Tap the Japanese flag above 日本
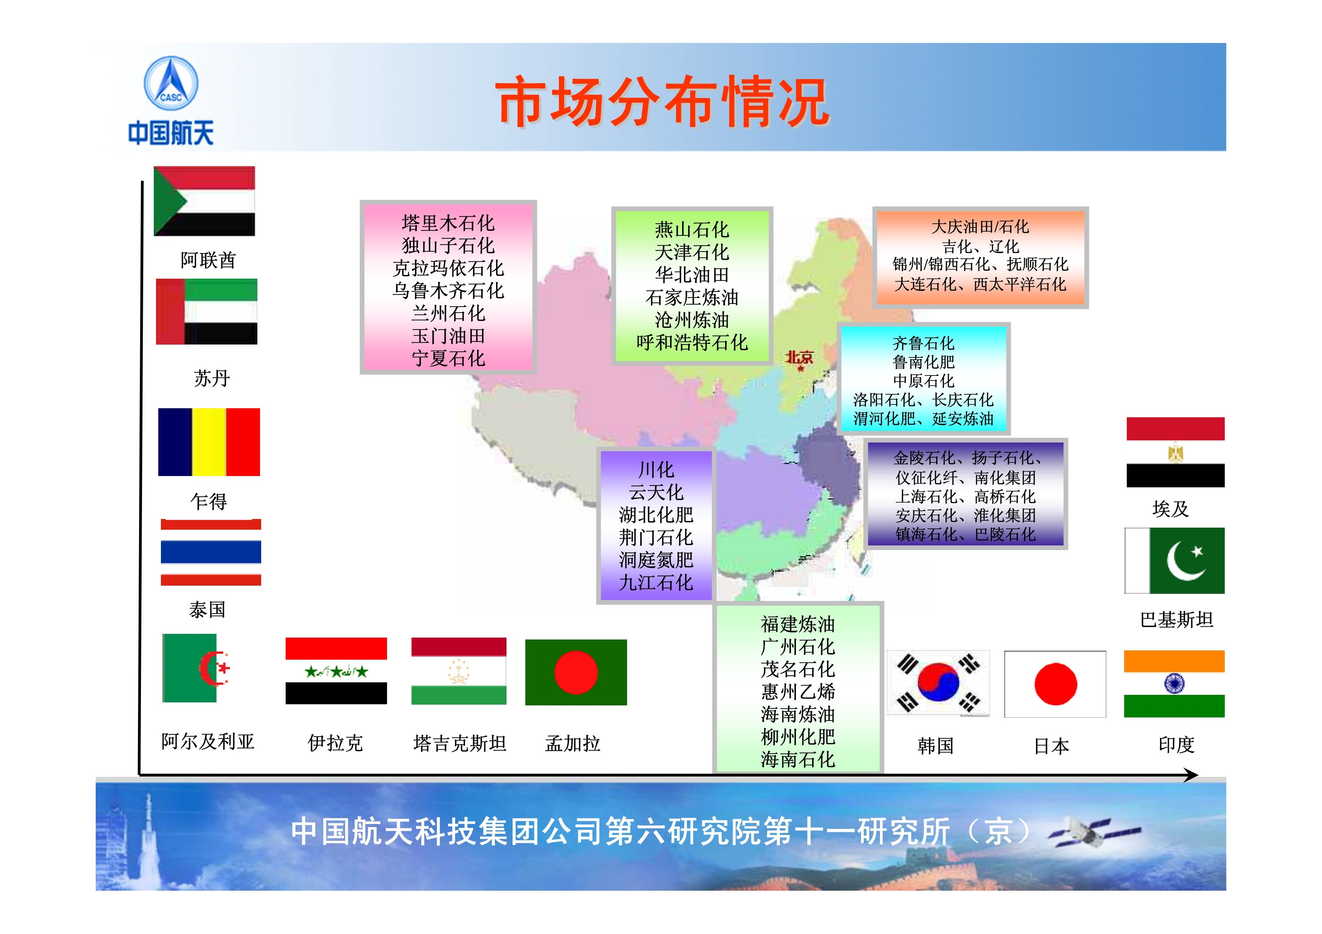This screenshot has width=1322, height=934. (x=1055, y=684)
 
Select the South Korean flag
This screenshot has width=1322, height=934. (x=938, y=684)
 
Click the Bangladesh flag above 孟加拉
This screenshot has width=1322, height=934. (x=576, y=672)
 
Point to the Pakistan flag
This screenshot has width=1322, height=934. (x=1175, y=560)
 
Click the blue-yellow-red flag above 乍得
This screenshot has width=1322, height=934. (x=209, y=442)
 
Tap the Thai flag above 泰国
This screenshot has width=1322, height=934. (x=211, y=552)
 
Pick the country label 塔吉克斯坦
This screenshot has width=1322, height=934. (x=459, y=743)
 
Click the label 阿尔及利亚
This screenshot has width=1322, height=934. (x=208, y=741)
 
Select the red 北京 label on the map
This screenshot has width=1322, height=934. (x=799, y=358)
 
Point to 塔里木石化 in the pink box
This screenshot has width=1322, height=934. (x=448, y=223)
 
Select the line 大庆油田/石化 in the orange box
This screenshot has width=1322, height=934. (x=980, y=227)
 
